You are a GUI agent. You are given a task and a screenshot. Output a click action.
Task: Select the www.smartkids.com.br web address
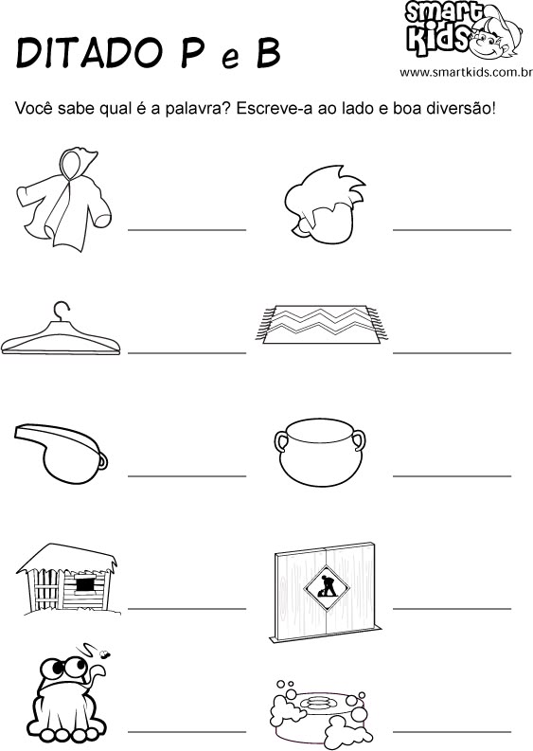pyautogui.click(x=466, y=73)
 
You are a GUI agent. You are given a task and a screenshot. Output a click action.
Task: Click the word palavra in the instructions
pyautogui.click(x=193, y=108)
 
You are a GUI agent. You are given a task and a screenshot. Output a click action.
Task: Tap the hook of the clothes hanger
pyautogui.click(x=61, y=311)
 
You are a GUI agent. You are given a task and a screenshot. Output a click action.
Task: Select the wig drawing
pyautogui.click(x=324, y=203)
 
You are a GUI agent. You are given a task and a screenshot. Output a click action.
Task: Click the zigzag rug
pyautogui.click(x=321, y=325)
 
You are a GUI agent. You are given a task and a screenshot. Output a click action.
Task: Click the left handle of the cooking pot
pyautogui.click(x=280, y=440)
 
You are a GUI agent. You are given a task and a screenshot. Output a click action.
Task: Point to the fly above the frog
pyautogui.click(x=103, y=653)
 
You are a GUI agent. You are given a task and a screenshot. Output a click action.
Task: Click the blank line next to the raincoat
pyautogui.click(x=187, y=230)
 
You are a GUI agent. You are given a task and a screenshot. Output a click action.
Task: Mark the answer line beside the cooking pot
pyautogui.click(x=453, y=476)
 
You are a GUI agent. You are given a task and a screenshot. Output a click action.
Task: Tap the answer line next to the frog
pyautogui.click(x=187, y=732)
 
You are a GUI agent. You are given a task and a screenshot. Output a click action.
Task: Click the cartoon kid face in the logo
pyautogui.click(x=493, y=37)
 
